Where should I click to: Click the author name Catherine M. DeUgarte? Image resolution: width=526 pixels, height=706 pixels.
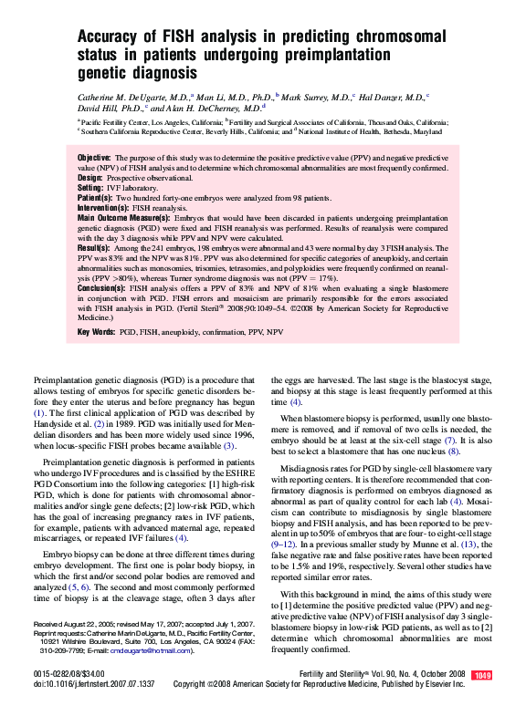pos(132,96)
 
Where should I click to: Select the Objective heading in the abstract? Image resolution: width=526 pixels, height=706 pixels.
pos(94,158)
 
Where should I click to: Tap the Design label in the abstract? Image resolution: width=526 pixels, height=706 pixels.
pos(89,177)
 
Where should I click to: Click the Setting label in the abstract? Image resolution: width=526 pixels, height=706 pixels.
pos(90,187)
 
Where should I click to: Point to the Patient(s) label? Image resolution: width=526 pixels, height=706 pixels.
pos(95,197)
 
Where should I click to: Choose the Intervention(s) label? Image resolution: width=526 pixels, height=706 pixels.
pos(103,208)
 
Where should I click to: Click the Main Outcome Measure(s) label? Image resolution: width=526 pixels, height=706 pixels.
pos(123,218)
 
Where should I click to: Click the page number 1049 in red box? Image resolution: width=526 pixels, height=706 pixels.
pos(483,674)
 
